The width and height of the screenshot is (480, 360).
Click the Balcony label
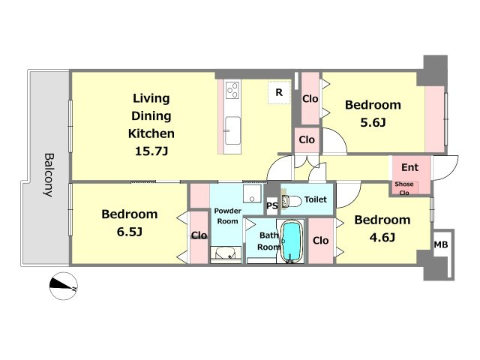click(49, 175)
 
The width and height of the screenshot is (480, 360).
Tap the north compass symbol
click(63, 286)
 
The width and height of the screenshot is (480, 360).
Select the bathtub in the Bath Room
click(292, 241)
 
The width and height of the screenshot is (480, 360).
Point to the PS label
click(272, 205)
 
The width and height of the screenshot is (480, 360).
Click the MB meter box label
click(441, 244)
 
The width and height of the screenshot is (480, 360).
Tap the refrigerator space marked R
click(279, 92)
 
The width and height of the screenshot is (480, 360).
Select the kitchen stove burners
click(232, 90)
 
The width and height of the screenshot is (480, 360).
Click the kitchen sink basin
click(232, 130)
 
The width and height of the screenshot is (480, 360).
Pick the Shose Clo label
click(404, 188)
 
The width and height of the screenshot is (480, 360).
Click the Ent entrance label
click(409, 167)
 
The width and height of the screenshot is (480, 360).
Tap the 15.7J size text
click(151, 151)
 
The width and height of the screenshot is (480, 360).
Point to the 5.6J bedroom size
click(373, 122)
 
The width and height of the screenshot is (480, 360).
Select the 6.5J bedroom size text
click(130, 232)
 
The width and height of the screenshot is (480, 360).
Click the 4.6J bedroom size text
click(382, 237)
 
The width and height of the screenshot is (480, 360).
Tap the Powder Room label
click(227, 216)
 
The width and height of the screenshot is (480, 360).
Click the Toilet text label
click(316, 199)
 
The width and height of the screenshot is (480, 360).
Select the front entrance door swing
click(445, 168)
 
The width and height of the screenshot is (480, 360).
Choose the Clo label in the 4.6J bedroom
click(320, 241)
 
